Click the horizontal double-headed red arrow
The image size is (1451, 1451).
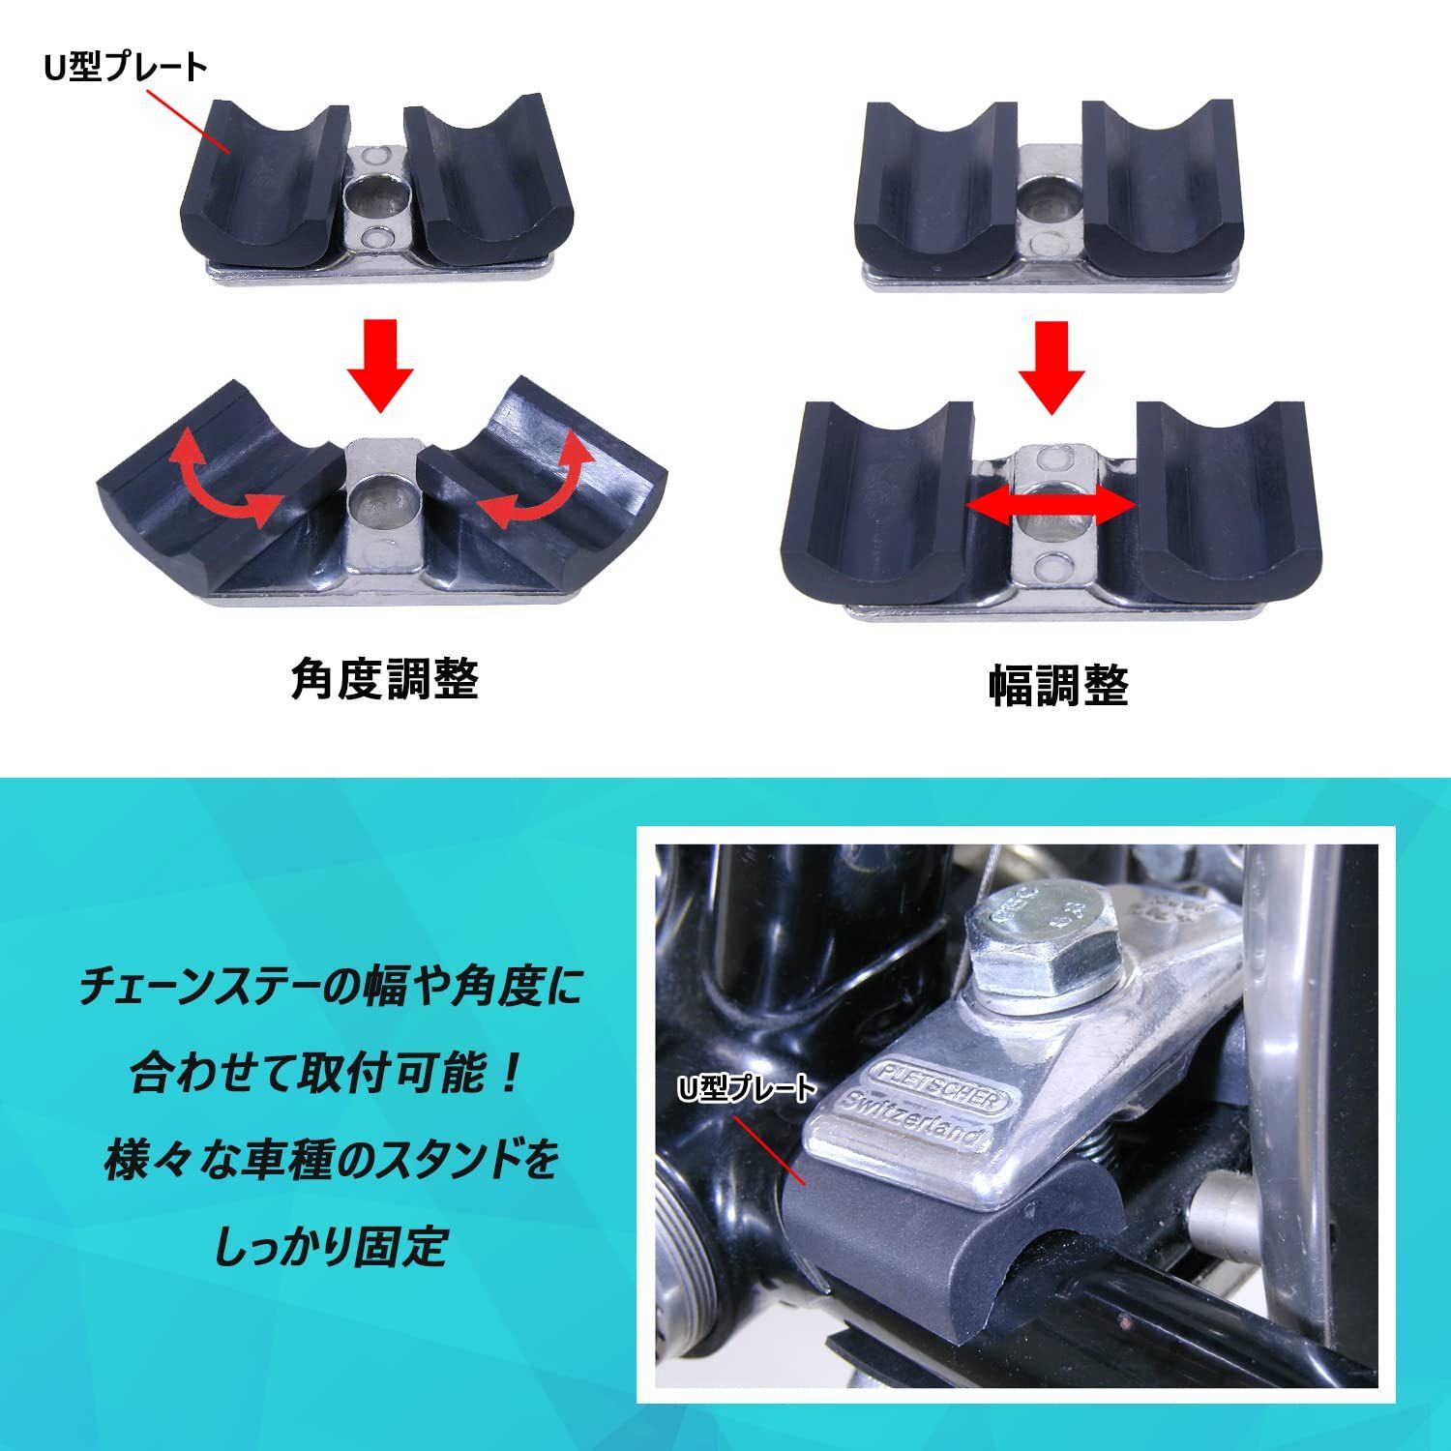pyautogui.click(x=1051, y=505)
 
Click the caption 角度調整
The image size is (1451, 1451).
pyautogui.click(x=385, y=680)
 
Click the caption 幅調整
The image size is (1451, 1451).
pyautogui.click(x=1058, y=686)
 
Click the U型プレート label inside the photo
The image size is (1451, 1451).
pyautogui.click(x=746, y=1090)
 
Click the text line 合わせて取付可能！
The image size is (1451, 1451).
pyautogui.click(x=330, y=1075)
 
